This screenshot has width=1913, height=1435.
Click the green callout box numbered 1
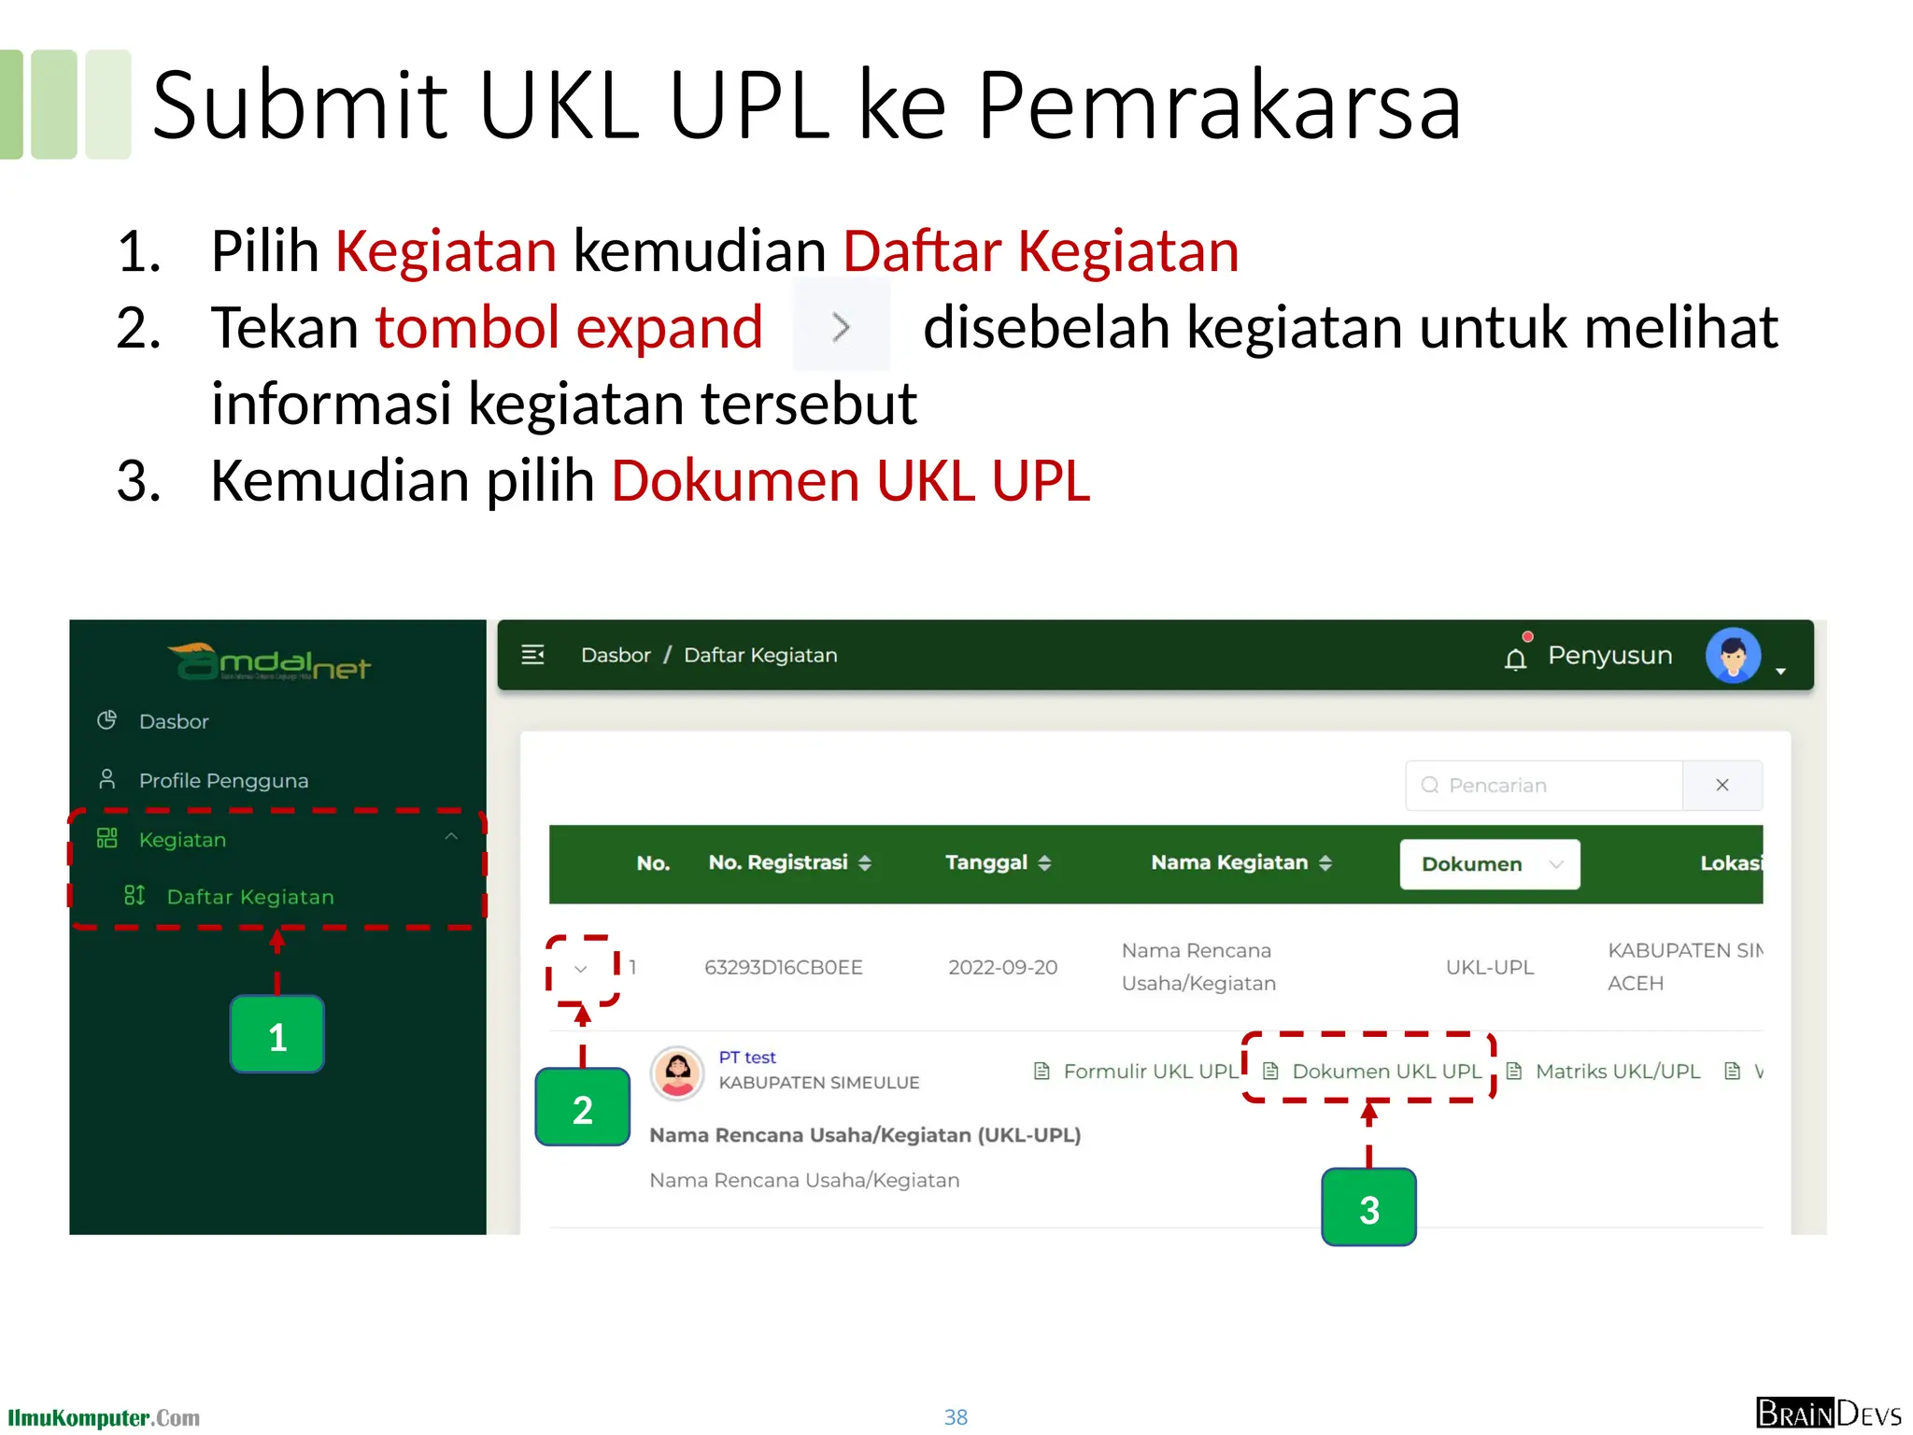(x=276, y=1034)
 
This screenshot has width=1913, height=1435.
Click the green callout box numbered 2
(x=582, y=1108)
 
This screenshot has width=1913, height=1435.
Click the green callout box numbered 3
(x=1368, y=1208)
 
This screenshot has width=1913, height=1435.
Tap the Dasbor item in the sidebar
(x=174, y=721)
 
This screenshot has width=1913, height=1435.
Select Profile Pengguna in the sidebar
(x=223, y=780)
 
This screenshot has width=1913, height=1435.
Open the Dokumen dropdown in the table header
(x=1489, y=864)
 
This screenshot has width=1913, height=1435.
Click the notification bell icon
(x=1515, y=659)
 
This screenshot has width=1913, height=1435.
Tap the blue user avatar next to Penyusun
(x=1733, y=655)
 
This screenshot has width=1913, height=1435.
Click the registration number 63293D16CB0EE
(x=783, y=968)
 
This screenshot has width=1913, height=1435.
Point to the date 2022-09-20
(x=1002, y=968)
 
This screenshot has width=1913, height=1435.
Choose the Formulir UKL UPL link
(x=1149, y=1072)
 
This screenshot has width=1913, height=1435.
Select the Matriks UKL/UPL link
(x=1617, y=1072)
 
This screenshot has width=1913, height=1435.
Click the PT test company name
(x=747, y=1057)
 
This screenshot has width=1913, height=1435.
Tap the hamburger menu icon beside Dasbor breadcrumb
(x=532, y=655)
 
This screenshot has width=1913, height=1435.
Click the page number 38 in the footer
(x=956, y=1417)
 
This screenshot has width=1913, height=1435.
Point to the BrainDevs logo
(x=1828, y=1414)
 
